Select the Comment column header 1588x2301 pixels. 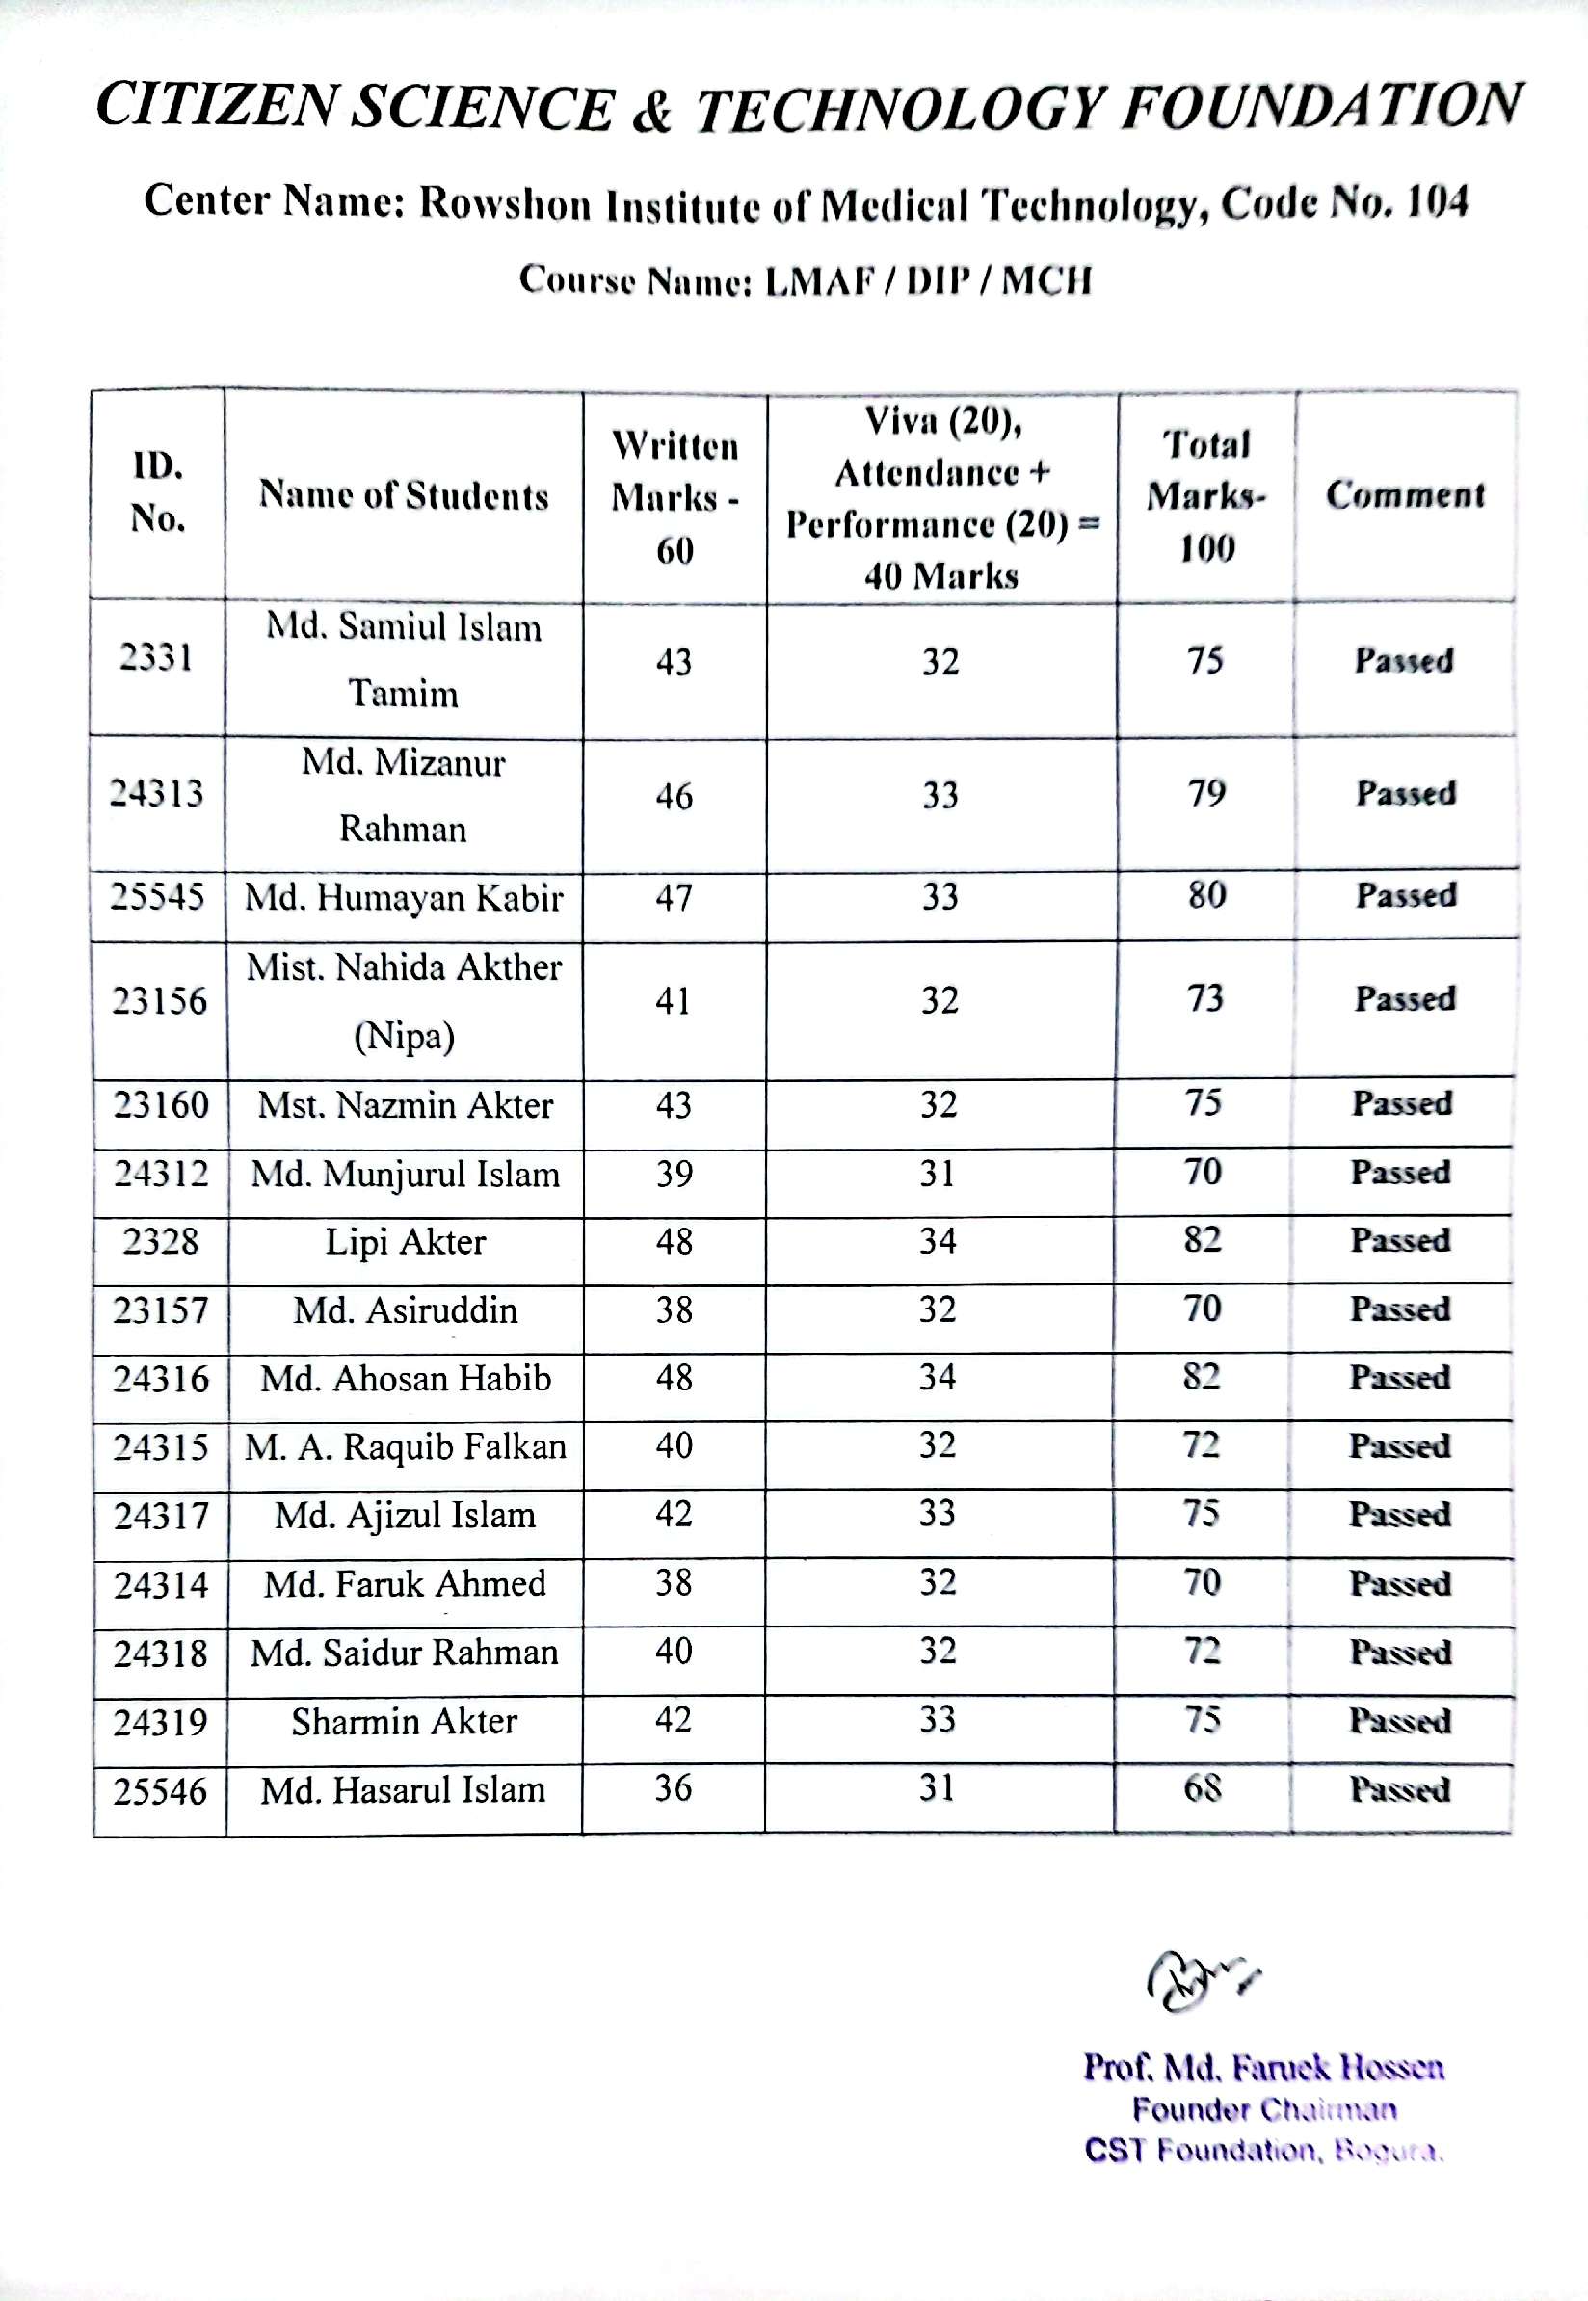coord(1405,494)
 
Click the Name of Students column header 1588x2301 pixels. coord(403,495)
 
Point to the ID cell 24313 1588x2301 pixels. coord(156,794)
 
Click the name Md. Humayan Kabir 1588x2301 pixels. coord(403,898)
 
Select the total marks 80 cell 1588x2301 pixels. coord(1205,895)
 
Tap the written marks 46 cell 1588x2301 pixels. coord(674,796)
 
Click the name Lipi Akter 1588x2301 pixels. coord(405,1241)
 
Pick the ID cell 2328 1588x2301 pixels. coord(160,1241)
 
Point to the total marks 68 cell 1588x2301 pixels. coord(1202,1788)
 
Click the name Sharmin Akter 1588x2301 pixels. coord(404,1721)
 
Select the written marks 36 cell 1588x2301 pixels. coord(673,1788)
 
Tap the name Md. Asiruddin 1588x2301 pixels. coord(405,1310)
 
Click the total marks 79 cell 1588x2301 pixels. coord(1205,794)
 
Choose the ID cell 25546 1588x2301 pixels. coord(159,1791)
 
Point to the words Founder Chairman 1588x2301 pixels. coord(1263,2109)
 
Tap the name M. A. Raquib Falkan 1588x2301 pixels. coord(405,1447)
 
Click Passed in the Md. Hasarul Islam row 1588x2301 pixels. coord(1400,1789)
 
